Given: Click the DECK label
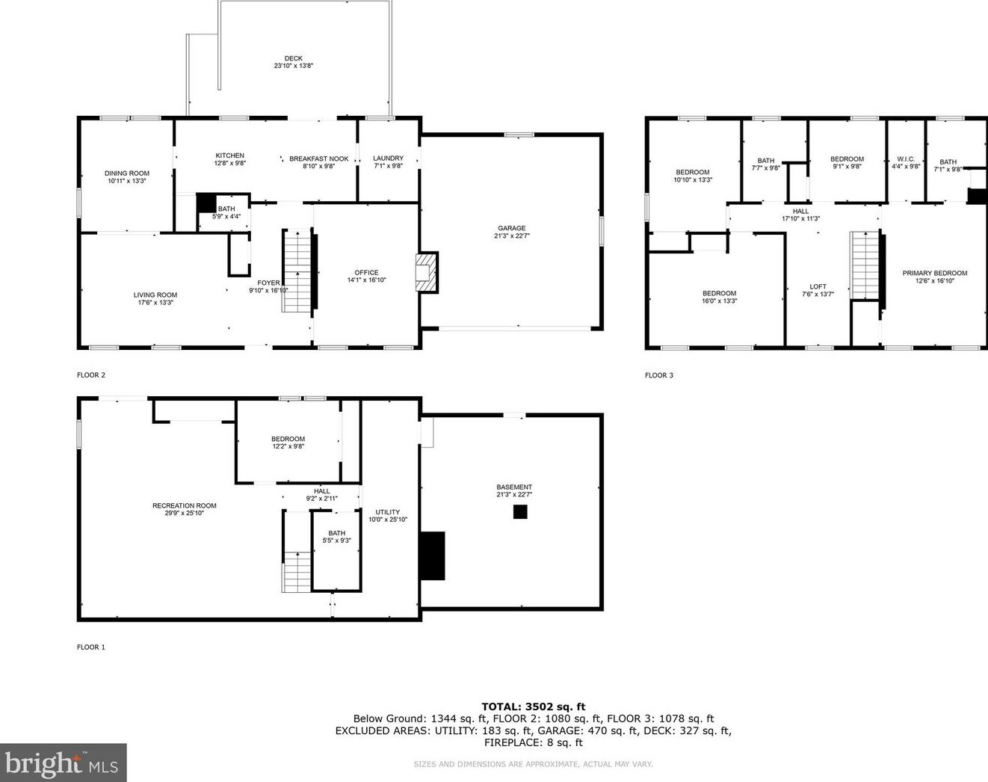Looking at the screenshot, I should pyautogui.click(x=293, y=58).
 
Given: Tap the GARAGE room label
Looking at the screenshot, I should pyautogui.click(x=512, y=228).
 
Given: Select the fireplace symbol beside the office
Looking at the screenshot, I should pyautogui.click(x=426, y=273).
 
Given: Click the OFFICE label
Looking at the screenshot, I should pyautogui.click(x=366, y=272).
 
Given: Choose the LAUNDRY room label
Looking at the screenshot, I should pyautogui.click(x=388, y=158).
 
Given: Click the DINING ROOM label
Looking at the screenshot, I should pyautogui.click(x=127, y=173).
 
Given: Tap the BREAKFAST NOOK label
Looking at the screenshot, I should pyautogui.click(x=319, y=158).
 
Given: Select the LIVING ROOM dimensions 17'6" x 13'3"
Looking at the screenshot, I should pyautogui.click(x=155, y=303).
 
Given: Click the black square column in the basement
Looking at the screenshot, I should pyautogui.click(x=520, y=511).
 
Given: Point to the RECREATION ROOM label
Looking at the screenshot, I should pyautogui.click(x=184, y=505).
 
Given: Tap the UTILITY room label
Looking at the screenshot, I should pyautogui.click(x=388, y=512).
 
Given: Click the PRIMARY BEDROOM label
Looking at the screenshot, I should pyautogui.click(x=934, y=273).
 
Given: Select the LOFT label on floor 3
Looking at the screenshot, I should pyautogui.click(x=818, y=286).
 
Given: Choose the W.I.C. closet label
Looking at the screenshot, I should pyautogui.click(x=906, y=158).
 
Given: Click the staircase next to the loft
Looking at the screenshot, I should pyautogui.click(x=865, y=265).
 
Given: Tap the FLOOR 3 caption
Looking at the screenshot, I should pyautogui.click(x=658, y=375).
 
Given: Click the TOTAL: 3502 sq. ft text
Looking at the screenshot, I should pyautogui.click(x=533, y=706).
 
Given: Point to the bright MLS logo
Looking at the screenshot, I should pyautogui.click(x=63, y=763).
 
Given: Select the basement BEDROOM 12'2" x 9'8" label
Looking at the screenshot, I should pyautogui.click(x=288, y=439).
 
